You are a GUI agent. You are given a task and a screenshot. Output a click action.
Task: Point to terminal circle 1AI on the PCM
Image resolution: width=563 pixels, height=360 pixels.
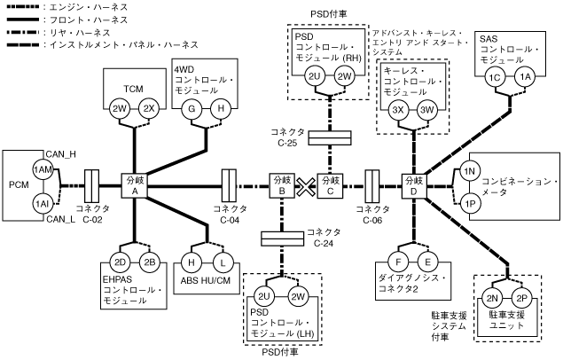[42, 203]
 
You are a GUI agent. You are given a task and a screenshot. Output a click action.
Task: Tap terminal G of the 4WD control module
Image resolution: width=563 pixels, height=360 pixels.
[189, 108]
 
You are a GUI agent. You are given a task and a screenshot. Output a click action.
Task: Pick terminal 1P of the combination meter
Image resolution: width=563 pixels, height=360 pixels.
[471, 202]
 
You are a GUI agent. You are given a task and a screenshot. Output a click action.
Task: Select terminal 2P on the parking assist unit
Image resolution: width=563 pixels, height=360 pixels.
[522, 297]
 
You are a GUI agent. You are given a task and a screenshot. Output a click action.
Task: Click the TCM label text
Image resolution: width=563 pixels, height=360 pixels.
[134, 89]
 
